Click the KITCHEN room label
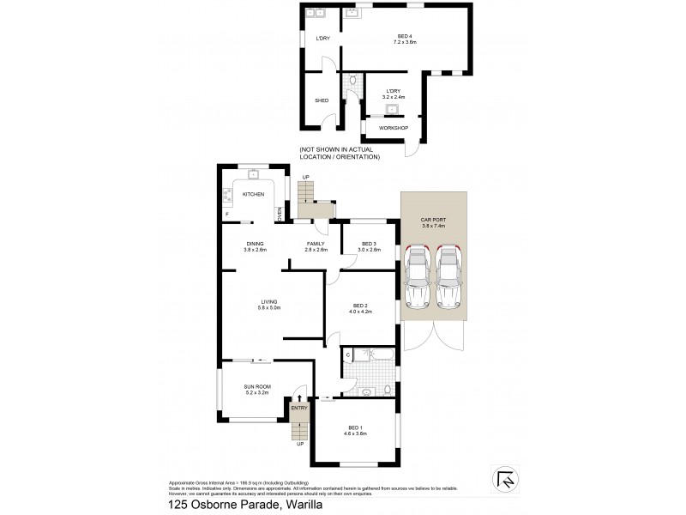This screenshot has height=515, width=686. click(x=252, y=195)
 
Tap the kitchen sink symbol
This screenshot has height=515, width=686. click(x=254, y=175)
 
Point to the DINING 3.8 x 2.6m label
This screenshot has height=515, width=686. click(x=255, y=246)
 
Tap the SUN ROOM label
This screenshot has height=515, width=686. click(x=258, y=389)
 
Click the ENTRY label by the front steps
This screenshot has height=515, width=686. click(x=298, y=408)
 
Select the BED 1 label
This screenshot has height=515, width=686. click(x=357, y=430)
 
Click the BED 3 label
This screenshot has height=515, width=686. click(x=369, y=246)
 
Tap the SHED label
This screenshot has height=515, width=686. click(x=322, y=100)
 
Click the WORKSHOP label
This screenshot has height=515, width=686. click(x=393, y=128)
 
